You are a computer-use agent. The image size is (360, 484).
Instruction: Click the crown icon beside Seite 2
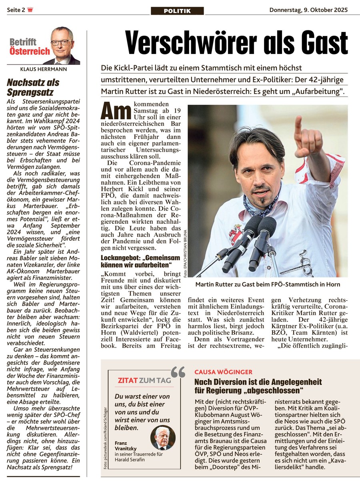pyautogui.click(x=30, y=10)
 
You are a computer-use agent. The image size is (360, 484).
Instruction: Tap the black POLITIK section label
pyautogui.click(x=177, y=11)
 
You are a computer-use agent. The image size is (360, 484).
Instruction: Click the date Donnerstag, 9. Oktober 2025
pyautogui.click(x=308, y=10)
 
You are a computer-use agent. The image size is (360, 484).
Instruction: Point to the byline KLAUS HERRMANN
pyautogui.click(x=43, y=69)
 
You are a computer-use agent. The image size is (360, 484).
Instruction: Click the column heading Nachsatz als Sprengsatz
pyautogui.click(x=33, y=87)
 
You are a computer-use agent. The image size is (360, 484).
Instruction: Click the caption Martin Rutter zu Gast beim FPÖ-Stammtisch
pyautogui.click(x=268, y=284)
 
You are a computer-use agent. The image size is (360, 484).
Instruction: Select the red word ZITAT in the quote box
pyautogui.click(x=128, y=380)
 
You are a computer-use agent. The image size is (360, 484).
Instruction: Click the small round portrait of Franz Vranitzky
pyautogui.click(x=163, y=438)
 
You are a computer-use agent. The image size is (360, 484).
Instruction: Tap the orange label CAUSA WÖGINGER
pyautogui.click(x=223, y=372)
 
